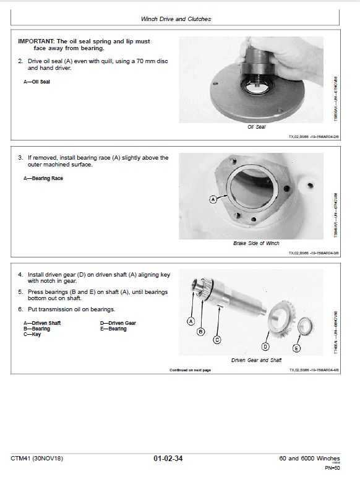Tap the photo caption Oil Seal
pos(256,127)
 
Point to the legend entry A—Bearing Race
pos(43,178)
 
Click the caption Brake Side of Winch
pos(256,243)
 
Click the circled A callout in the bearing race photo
pos(213,199)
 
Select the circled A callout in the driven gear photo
pos(191,321)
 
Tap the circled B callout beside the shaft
pos(200,332)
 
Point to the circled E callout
pos(296,349)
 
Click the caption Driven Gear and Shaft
pos(256,360)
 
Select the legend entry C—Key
pos(31,335)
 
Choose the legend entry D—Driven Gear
pos(118,323)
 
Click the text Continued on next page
pos(190,370)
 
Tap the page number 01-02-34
pos(168,459)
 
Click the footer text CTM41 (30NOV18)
pos(36,459)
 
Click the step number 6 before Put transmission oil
pos(20,309)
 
